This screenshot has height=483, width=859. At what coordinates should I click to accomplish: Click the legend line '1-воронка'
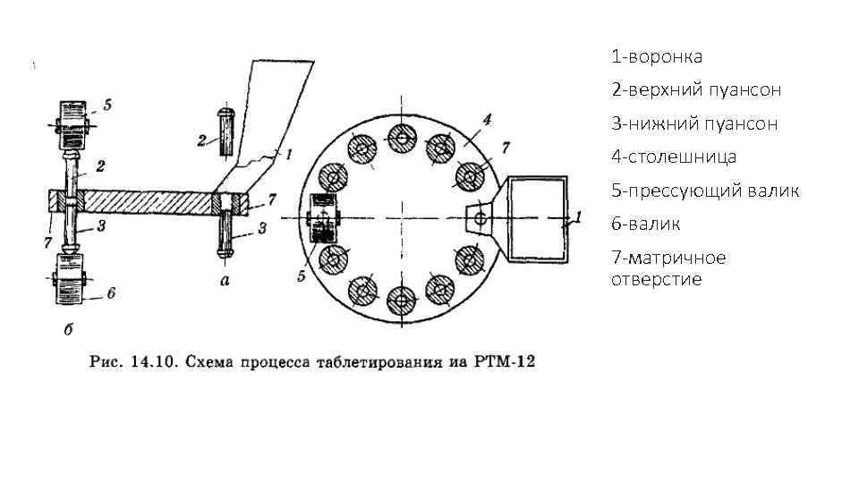pyautogui.click(x=656, y=57)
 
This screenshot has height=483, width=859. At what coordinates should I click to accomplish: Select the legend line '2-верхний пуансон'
pyautogui.click(x=695, y=90)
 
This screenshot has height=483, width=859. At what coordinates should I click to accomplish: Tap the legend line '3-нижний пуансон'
pyautogui.click(x=693, y=123)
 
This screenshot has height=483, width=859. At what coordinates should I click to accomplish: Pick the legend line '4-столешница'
pyautogui.click(x=674, y=157)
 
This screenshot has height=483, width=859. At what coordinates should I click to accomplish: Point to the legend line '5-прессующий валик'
pyautogui.click(x=705, y=191)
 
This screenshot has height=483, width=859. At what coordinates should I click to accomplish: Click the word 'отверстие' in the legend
pyautogui.click(x=656, y=279)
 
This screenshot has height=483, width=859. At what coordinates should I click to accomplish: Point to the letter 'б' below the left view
pyautogui.click(x=68, y=329)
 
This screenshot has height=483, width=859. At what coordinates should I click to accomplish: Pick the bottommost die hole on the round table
pyautogui.click(x=400, y=300)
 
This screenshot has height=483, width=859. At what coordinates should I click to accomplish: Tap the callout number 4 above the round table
pyautogui.click(x=487, y=119)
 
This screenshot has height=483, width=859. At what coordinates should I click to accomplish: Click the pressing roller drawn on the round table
pyautogui.click(x=322, y=217)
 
